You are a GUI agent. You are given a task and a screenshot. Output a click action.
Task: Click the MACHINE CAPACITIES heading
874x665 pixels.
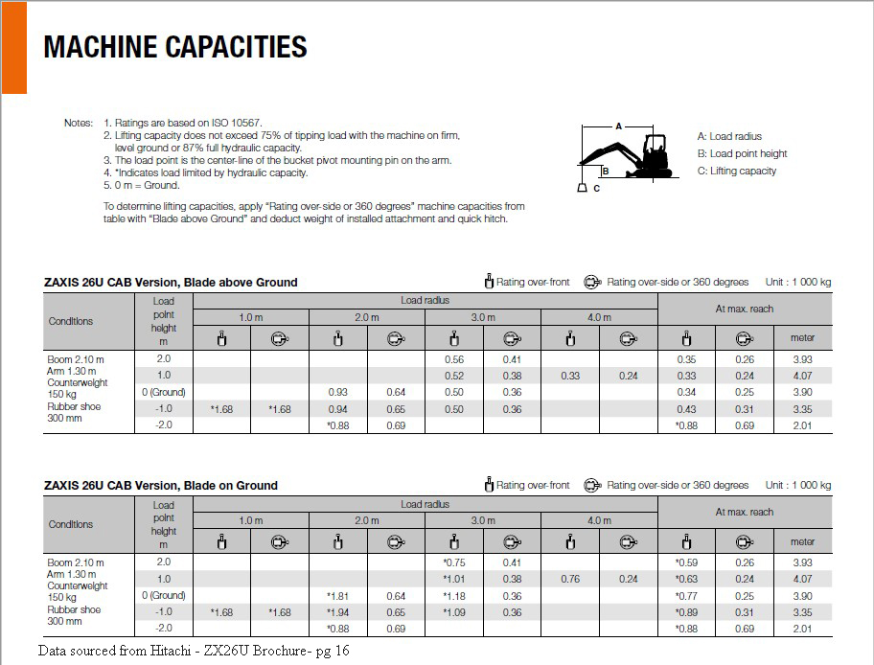tap(175, 46)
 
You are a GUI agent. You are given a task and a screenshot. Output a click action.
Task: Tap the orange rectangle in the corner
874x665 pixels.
tap(13, 46)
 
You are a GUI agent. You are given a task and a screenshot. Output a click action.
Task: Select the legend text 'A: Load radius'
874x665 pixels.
tap(729, 137)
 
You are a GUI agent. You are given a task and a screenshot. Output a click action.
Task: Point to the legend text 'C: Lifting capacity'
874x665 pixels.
tap(737, 172)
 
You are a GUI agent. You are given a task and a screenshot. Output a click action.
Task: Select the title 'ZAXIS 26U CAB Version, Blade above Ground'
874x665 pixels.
tap(171, 283)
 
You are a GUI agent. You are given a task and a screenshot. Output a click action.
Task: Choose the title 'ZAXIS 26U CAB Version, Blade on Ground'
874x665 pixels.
tap(161, 486)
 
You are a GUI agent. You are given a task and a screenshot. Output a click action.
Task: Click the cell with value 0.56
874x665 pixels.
tap(453, 359)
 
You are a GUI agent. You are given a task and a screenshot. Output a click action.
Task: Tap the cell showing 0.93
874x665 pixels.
tap(337, 392)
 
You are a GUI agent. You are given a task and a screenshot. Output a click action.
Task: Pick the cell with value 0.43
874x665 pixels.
tap(686, 409)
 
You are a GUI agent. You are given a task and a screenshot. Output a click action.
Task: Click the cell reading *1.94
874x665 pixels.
tap(337, 612)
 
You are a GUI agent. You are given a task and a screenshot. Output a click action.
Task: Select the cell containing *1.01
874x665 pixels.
tap(453, 579)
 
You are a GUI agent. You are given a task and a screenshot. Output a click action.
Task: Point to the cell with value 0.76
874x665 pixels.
tap(569, 579)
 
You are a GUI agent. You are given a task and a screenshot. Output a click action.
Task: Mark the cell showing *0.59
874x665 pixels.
tap(686, 562)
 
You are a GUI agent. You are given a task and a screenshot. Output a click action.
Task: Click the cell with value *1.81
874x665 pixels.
tap(337, 596)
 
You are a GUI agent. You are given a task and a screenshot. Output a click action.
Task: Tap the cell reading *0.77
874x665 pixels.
tap(686, 596)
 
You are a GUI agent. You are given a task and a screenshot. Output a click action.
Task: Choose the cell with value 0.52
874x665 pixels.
tap(453, 376)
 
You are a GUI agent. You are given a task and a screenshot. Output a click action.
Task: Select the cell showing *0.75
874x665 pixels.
tap(453, 562)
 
